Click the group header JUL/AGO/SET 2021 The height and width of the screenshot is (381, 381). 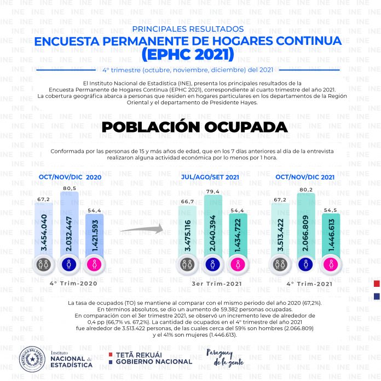coord(210,177)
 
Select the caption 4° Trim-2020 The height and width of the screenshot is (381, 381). coord(73,284)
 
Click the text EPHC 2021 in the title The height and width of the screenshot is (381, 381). coord(188,55)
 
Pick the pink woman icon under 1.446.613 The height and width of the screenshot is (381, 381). coord(331,264)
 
